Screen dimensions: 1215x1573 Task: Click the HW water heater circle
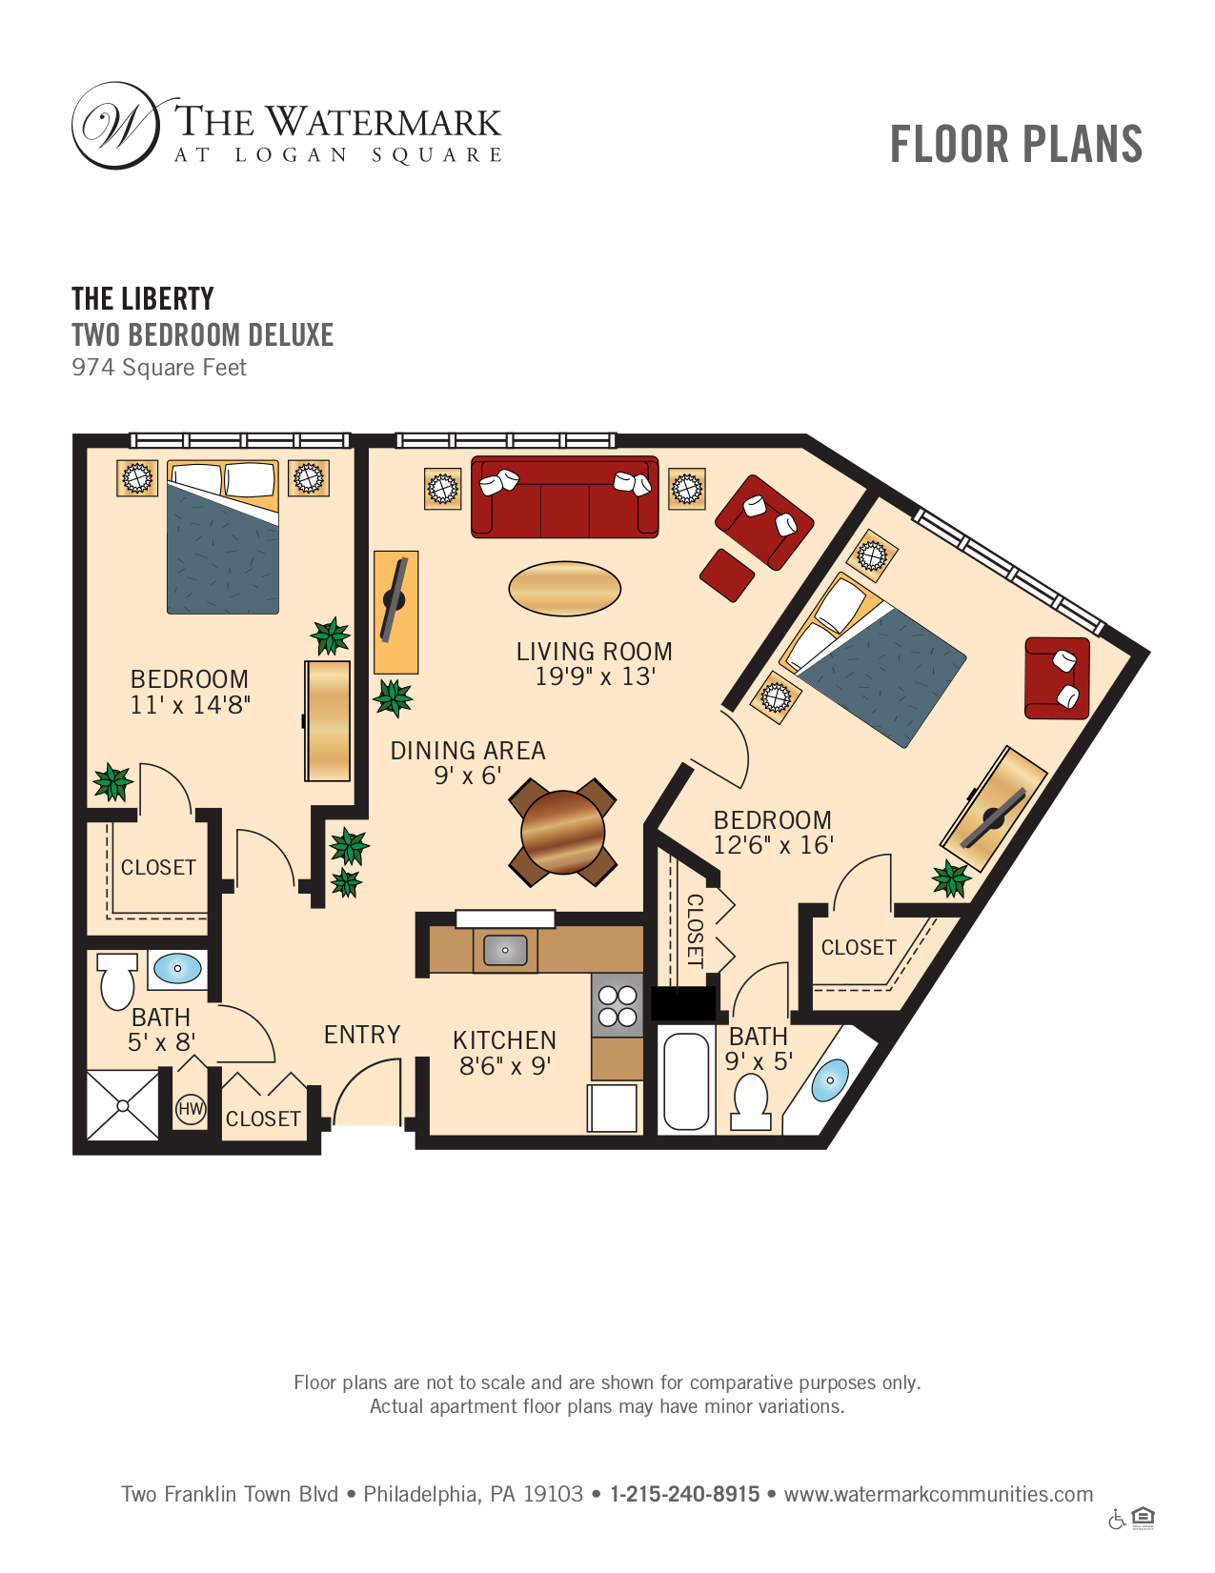[191, 1108]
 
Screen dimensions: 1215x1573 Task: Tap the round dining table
[562, 832]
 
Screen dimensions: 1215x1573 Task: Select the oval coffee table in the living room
[565, 589]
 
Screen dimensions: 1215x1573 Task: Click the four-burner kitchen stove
[617, 1005]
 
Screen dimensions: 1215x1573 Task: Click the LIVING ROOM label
[594, 652]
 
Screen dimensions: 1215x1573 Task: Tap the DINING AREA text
[468, 751]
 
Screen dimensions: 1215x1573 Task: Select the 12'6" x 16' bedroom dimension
[774, 845]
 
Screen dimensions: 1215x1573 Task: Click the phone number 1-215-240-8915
[685, 1494]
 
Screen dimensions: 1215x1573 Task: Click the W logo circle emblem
[116, 126]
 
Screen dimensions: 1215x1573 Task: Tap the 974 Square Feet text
[159, 368]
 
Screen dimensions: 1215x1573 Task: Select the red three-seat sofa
[565, 496]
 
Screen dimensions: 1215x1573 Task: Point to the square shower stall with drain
[122, 1105]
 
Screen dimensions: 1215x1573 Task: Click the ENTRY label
[362, 1035]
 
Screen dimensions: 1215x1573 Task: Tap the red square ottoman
[727, 575]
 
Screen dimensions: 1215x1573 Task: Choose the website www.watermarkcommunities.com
[939, 1494]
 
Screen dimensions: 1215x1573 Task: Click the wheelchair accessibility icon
[1117, 1518]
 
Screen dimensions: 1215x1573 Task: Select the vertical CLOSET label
[695, 931]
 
